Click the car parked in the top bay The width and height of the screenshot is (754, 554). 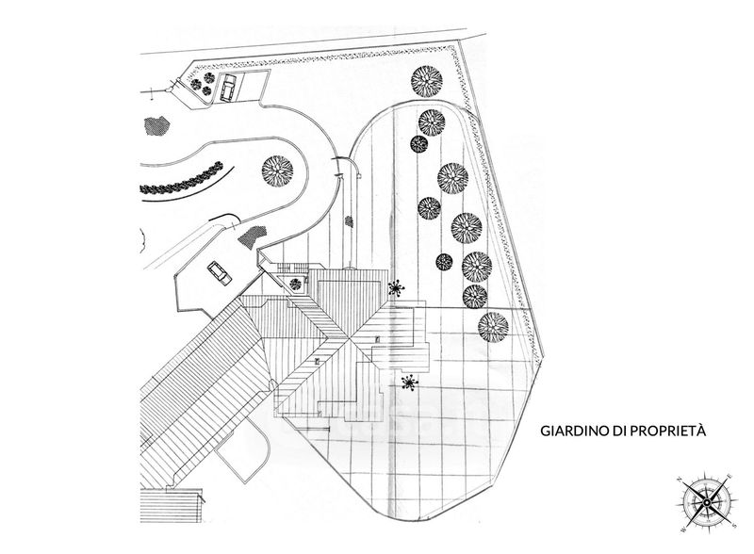pos(227,88)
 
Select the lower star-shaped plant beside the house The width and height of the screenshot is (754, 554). pos(409,383)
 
